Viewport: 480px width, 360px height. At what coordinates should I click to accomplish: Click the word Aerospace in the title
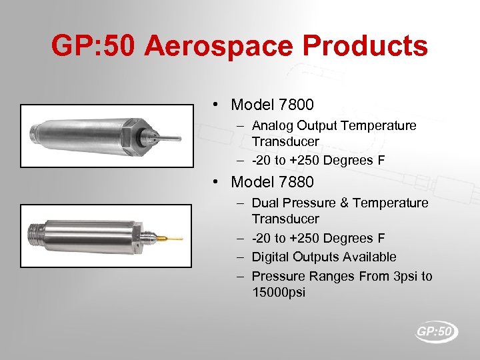(219, 47)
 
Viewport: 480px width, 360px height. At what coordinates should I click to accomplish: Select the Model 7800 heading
(272, 105)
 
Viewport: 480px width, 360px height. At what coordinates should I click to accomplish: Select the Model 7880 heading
(272, 182)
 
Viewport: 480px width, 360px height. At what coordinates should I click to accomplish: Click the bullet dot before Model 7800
(217, 105)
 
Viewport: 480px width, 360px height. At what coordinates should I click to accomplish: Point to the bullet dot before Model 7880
(217, 182)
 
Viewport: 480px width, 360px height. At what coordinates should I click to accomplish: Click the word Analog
(272, 125)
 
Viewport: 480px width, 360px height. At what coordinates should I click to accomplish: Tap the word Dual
(265, 203)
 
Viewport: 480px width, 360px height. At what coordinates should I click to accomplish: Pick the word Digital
(271, 257)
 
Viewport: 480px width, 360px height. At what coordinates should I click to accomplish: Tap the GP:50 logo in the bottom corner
(437, 331)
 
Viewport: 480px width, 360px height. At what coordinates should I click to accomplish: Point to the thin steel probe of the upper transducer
(168, 139)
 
